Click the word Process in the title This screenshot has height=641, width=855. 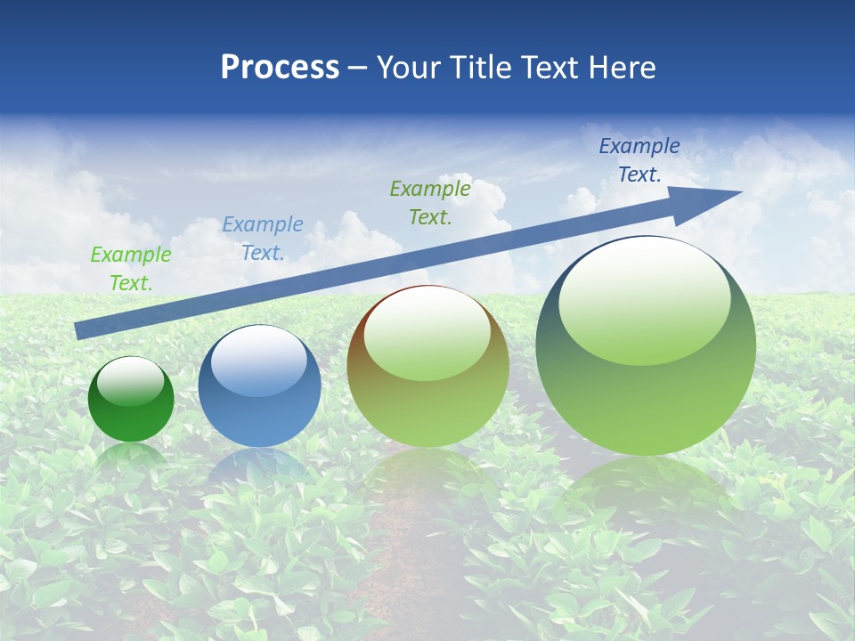[x=280, y=68]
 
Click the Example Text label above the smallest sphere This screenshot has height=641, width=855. [x=131, y=268]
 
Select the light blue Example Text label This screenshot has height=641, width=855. [x=262, y=238]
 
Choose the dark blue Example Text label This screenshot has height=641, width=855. [x=639, y=160]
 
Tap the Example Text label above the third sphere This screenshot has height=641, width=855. [x=430, y=202]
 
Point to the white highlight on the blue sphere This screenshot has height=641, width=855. [x=259, y=361]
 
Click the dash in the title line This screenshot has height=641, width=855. [x=358, y=68]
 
